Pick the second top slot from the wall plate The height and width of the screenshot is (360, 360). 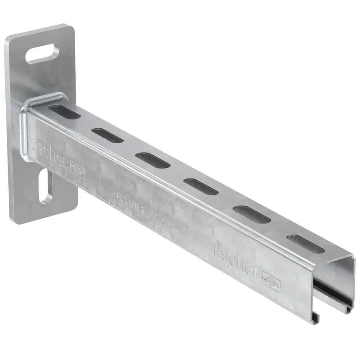107,135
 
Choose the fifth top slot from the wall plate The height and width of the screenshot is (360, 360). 252,214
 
